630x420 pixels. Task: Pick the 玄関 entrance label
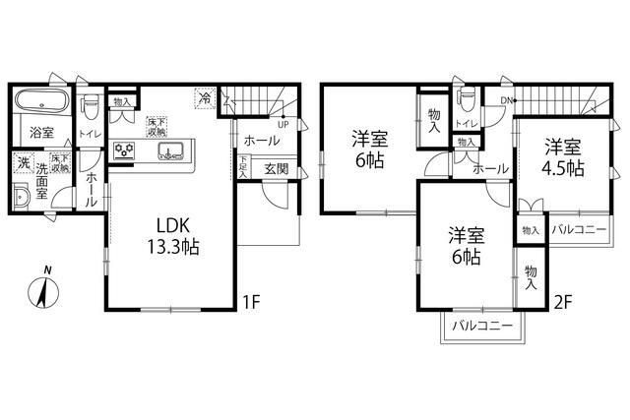[x=277, y=169]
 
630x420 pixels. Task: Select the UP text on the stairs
[x=283, y=125]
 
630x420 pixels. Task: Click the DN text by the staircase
[x=507, y=101]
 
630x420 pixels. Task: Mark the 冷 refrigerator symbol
[x=206, y=98]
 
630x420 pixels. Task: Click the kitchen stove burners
[x=126, y=150]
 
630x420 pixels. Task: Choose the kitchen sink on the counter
[x=168, y=151]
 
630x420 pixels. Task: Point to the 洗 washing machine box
[x=23, y=162]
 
